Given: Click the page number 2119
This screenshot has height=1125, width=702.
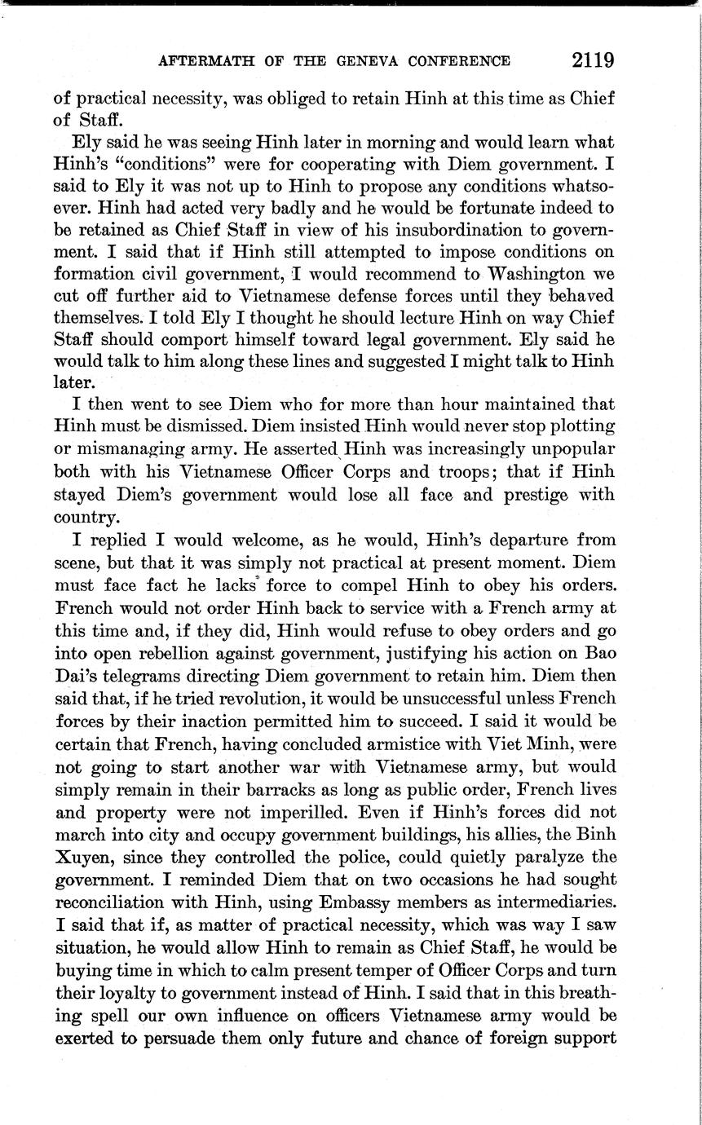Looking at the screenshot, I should (593, 60).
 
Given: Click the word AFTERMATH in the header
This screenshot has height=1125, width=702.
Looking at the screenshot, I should (201, 62).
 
